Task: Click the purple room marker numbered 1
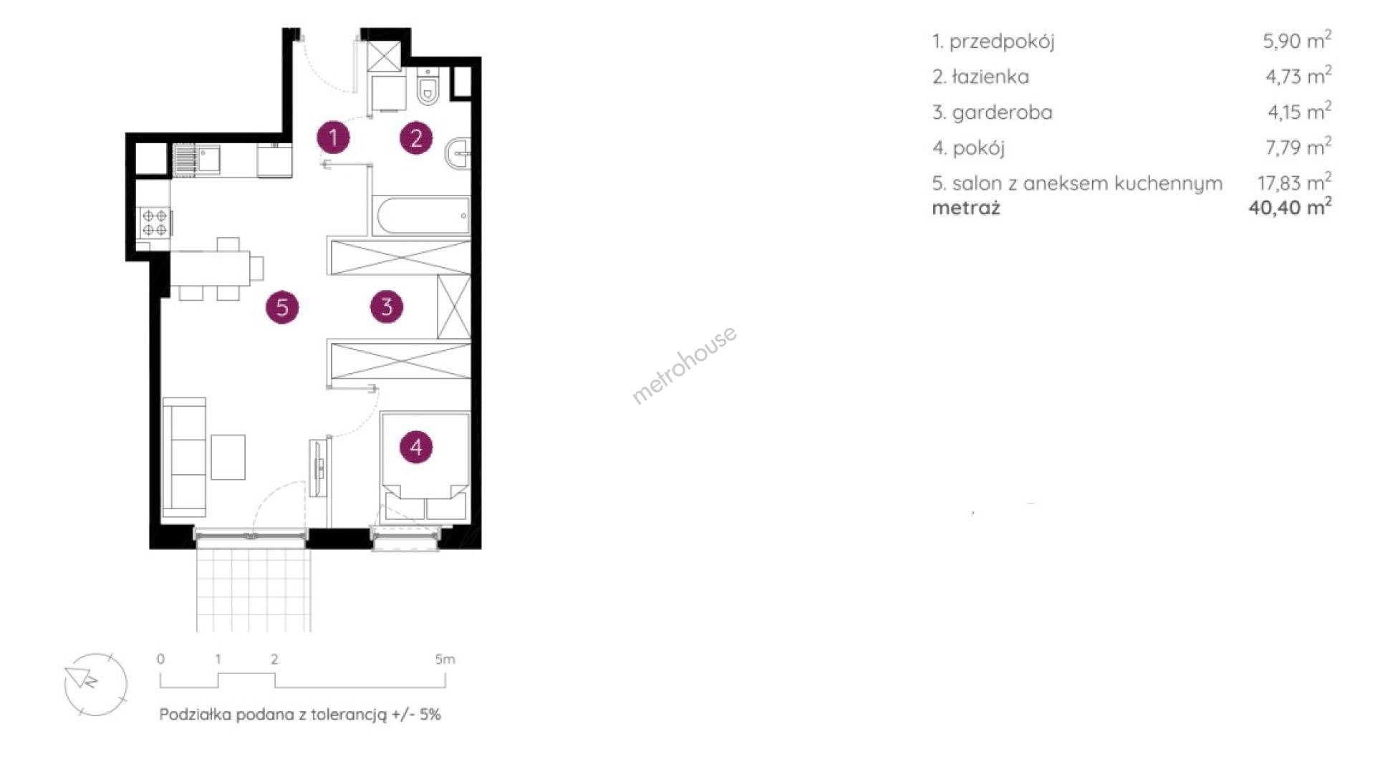(333, 138)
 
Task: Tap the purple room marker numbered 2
(416, 138)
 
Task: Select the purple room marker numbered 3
(387, 307)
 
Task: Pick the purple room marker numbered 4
(416, 448)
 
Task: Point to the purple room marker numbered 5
(282, 307)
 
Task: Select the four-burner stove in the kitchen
(155, 221)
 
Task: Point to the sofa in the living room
(185, 457)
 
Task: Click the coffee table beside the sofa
(228, 457)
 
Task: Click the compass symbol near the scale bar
(95, 684)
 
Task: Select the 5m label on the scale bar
(445, 659)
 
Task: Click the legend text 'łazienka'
(990, 77)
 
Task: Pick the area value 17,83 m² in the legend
(1295, 182)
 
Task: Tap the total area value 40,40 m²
(1290, 207)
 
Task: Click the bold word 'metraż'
(966, 208)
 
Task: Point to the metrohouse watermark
(684, 365)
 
